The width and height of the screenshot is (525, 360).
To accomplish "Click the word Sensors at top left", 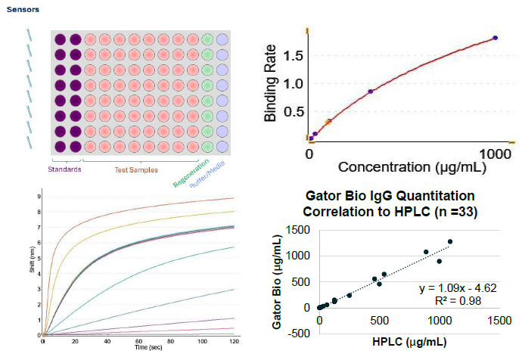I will tap(23, 10).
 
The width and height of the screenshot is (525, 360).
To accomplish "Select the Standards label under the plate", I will tap(64, 169).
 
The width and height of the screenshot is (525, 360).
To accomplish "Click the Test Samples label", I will tap(136, 170).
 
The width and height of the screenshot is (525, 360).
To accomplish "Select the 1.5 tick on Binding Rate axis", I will tap(294, 56).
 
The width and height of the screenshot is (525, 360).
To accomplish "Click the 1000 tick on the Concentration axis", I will tap(497, 153).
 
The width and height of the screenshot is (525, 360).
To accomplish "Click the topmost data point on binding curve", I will tap(495, 37).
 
